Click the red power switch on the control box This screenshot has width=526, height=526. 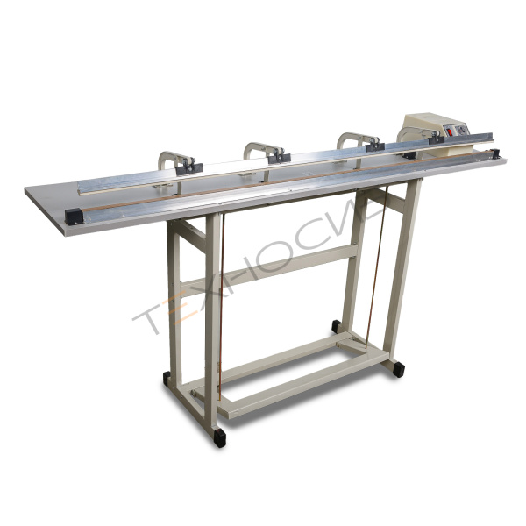point(449,131)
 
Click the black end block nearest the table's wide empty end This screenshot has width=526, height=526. point(74,217)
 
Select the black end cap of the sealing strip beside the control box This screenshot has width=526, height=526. point(494,154)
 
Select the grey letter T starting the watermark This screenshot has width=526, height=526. point(147,318)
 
